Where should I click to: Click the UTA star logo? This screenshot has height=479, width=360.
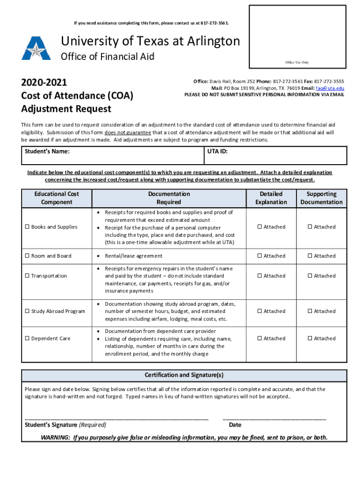point(36,48)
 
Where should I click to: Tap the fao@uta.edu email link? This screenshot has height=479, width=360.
point(330,88)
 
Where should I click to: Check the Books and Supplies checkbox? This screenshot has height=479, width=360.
point(27,227)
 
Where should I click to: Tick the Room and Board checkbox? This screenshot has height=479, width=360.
point(27,256)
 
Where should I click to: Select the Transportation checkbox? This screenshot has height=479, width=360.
point(27,276)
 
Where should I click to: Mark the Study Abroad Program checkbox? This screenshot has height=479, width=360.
point(27,311)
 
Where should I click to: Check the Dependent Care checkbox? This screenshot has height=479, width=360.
point(27,338)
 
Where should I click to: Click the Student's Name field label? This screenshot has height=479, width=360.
point(47,152)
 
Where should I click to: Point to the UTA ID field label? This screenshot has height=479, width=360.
point(217,152)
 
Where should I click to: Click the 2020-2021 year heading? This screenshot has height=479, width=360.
point(44,83)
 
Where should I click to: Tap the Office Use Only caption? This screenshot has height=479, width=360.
point(297,62)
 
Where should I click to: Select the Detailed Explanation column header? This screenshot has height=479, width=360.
point(271,198)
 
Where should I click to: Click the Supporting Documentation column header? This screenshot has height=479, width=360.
point(321,198)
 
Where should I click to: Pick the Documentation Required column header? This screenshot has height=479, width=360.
point(169,198)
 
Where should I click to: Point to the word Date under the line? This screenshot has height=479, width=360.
point(235,425)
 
